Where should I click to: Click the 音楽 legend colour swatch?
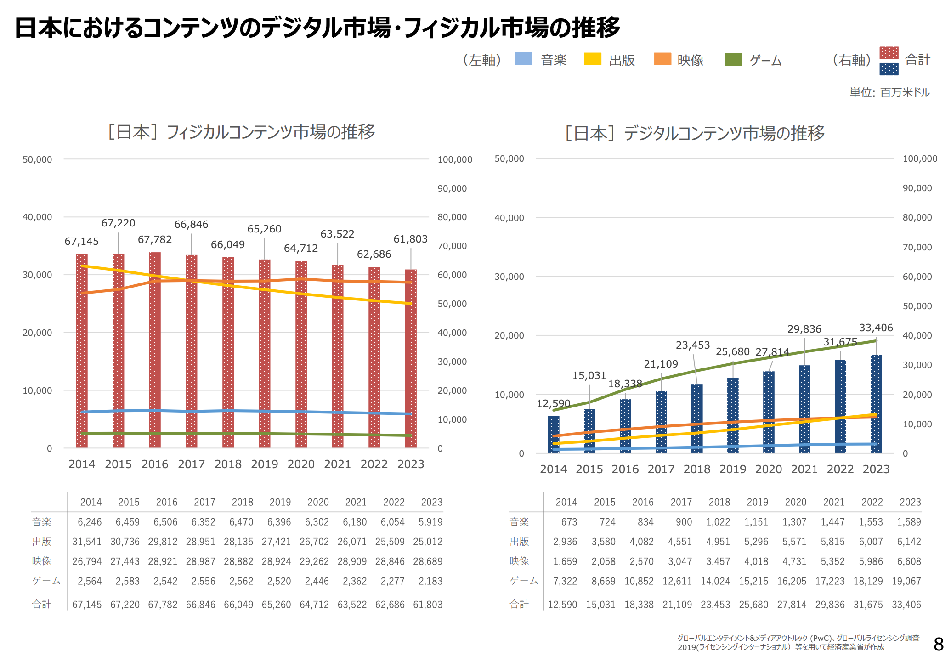[x=523, y=59]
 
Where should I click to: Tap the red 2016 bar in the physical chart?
[x=155, y=349]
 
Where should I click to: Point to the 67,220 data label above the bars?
[x=118, y=223]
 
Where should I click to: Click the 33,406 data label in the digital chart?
[x=876, y=328]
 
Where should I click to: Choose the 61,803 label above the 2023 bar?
[x=410, y=239]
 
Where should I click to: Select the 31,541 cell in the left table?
[x=87, y=542]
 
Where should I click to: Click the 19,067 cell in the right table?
[x=906, y=581]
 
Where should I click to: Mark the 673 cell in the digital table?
[x=569, y=522]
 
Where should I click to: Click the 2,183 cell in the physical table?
[x=430, y=581]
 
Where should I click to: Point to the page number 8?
[x=939, y=644]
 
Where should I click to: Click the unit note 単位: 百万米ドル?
[x=889, y=93]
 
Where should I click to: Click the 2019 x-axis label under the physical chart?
[x=264, y=464]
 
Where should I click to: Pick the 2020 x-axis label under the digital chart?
[x=768, y=469]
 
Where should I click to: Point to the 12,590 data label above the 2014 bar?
[x=553, y=404]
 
